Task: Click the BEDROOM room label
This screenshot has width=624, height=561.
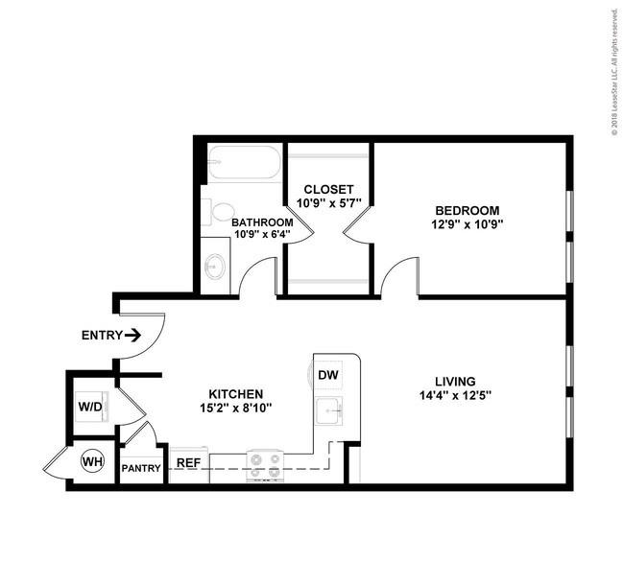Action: coord(468,210)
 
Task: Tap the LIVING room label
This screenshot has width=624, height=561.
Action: coord(455,382)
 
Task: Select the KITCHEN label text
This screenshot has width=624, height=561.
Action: coord(236,394)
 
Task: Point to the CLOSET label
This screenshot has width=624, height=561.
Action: coord(328,189)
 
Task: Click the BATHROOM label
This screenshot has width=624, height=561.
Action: coord(262,222)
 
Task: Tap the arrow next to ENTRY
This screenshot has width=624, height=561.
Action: coord(132,336)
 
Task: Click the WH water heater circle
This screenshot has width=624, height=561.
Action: coord(92,461)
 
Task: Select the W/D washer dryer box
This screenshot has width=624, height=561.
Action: coord(91,407)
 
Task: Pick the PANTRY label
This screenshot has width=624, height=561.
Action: coord(141,468)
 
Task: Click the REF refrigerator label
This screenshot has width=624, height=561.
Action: coord(188,463)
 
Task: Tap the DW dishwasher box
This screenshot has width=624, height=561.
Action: coord(328,375)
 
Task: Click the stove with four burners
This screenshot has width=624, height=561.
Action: coord(265,467)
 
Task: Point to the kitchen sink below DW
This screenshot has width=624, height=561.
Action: coord(329,411)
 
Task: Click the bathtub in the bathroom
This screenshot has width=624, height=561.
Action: coord(245,162)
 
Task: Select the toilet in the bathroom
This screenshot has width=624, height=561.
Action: coord(217,212)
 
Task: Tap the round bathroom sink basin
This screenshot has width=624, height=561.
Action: coord(215,266)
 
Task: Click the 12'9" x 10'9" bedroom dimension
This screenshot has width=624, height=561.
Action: coord(468,224)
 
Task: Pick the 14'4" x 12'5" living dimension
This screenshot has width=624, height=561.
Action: coord(456,396)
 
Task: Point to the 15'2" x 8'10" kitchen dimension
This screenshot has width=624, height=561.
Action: coord(236,408)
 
